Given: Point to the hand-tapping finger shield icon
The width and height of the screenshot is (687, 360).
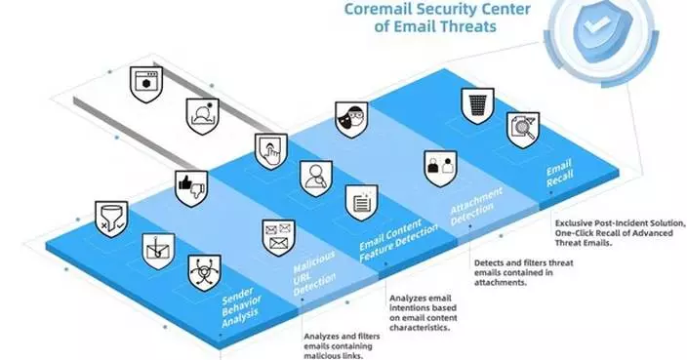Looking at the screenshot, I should click(x=269, y=149).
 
